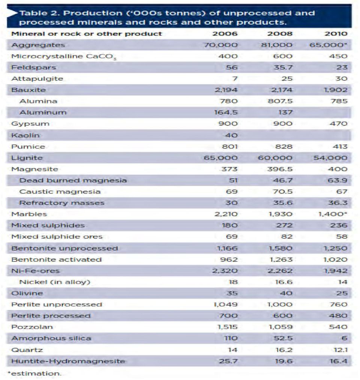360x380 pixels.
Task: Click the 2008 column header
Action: coord(280,33)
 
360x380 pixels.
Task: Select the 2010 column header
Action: coord(336,33)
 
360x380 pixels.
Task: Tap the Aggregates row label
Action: coord(38,45)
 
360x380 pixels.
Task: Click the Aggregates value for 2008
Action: coord(276,45)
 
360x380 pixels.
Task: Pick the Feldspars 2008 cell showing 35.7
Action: coord(283,67)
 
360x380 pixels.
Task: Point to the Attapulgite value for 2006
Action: coord(234,78)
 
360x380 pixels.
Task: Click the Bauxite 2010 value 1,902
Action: coord(336,90)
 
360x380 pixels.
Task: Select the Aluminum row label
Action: coord(43,113)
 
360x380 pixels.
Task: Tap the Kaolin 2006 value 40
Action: coord(231,135)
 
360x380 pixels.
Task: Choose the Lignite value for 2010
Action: coord(330,158)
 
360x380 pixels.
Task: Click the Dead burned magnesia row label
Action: coord(73,180)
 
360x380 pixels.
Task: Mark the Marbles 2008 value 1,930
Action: coord(280,214)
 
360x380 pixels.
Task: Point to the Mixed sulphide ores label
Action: coord(57,237)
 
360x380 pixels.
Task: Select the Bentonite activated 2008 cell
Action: coord(281,260)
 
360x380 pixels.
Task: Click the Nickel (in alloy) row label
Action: coord(55,282)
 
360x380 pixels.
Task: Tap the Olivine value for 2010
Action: coord(342,293)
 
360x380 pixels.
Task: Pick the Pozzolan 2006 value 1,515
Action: coord(228,327)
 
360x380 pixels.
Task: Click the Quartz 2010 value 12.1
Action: coord(340,350)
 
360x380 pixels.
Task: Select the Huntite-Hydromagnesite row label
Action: coord(68,361)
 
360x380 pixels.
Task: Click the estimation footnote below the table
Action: coord(34,374)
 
